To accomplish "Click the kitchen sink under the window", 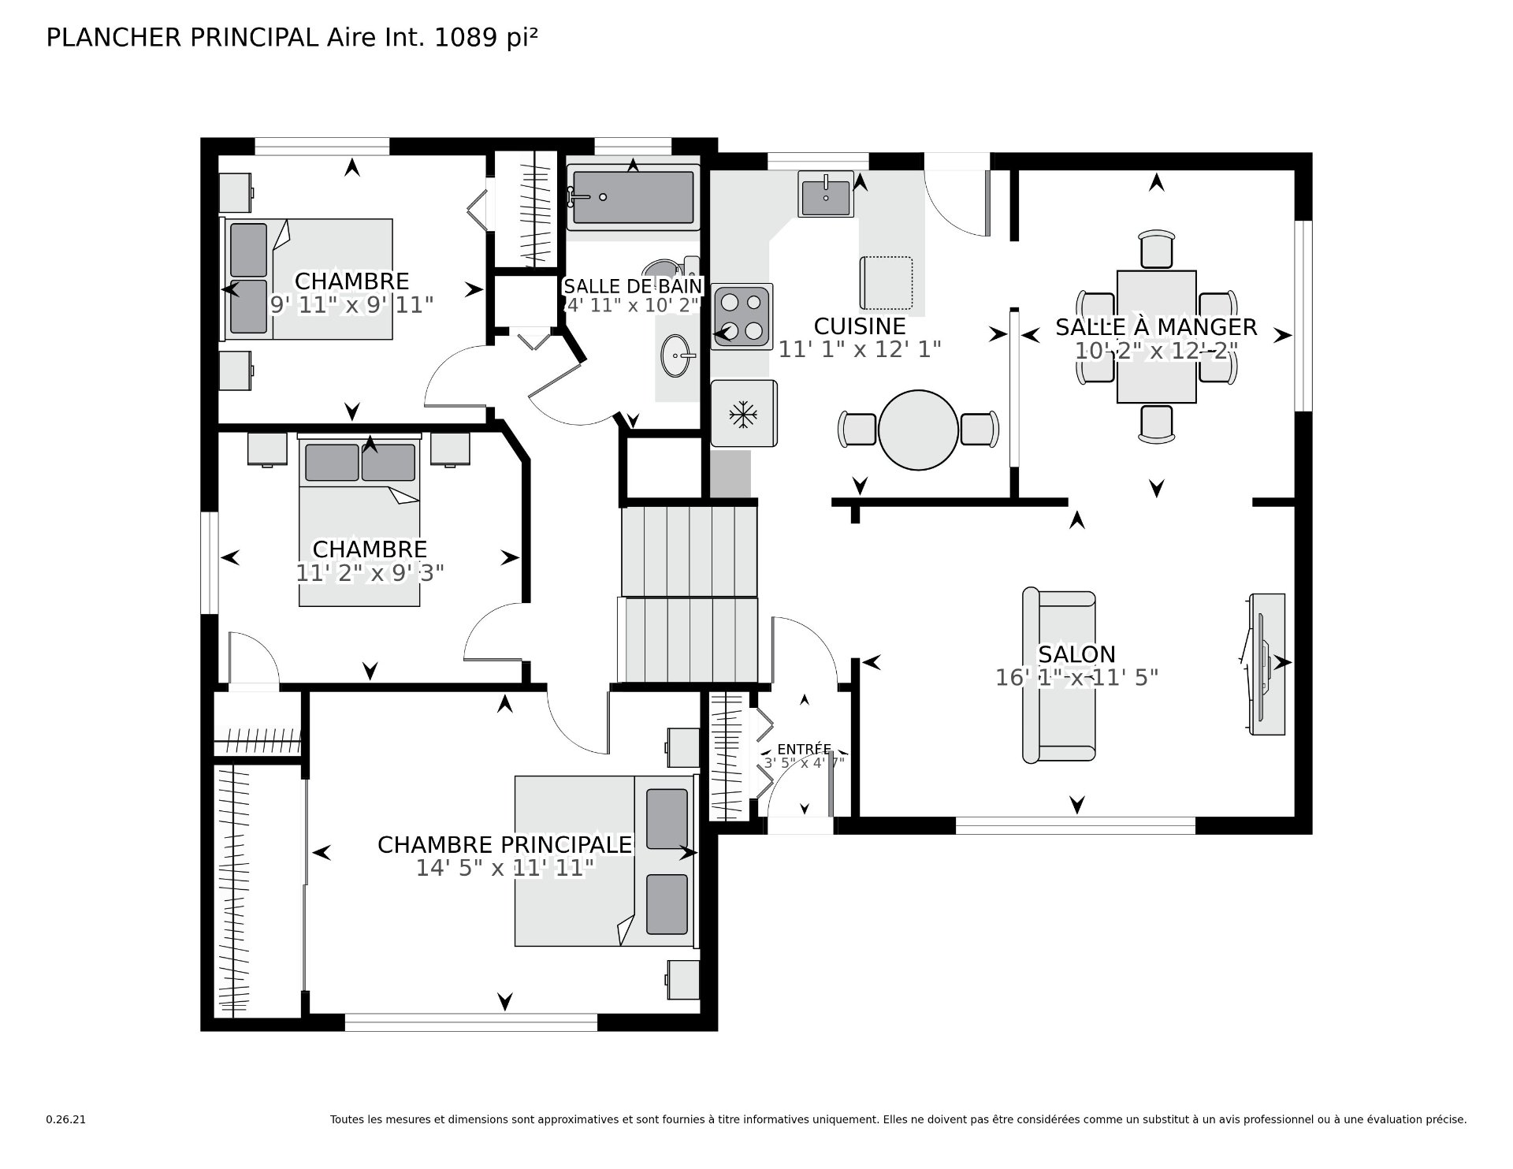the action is pyautogui.click(x=826, y=193).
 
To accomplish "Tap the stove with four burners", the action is pyautogui.click(x=742, y=316).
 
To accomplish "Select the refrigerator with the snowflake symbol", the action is pyautogui.click(x=744, y=414).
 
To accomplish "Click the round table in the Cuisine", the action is pyautogui.click(x=918, y=430).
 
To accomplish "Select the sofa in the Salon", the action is pyautogui.click(x=1058, y=676).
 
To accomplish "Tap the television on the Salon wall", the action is pyautogui.click(x=1266, y=665).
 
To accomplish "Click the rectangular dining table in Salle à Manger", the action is pyautogui.click(x=1156, y=337).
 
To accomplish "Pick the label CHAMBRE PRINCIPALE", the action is pyautogui.click(x=505, y=845).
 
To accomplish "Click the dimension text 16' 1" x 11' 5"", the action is pyautogui.click(x=1076, y=678).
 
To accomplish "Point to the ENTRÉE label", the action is pyautogui.click(x=804, y=749).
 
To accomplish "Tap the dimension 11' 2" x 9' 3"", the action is pyautogui.click(x=370, y=573).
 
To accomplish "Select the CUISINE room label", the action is pyautogui.click(x=860, y=326).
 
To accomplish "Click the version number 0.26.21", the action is pyautogui.click(x=65, y=1119).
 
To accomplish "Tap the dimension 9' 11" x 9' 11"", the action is pyautogui.click(x=351, y=305).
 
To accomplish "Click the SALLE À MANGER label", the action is pyautogui.click(x=1156, y=327).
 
